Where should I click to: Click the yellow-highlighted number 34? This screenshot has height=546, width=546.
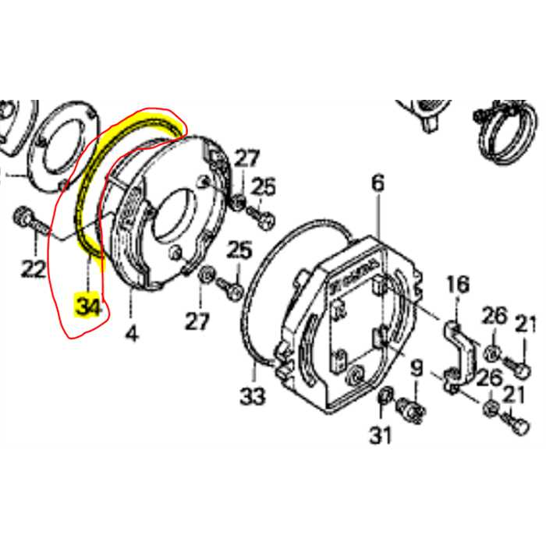(x=88, y=305)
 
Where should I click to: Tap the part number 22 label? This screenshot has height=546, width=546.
(x=33, y=269)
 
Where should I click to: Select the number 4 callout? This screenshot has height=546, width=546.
(x=131, y=334)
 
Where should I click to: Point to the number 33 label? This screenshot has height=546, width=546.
(x=253, y=396)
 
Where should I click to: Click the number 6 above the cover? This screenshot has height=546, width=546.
(x=378, y=184)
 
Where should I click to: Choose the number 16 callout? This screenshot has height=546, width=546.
(x=457, y=285)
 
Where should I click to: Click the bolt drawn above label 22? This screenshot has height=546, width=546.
(x=27, y=219)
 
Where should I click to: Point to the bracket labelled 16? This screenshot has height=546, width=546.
(x=453, y=351)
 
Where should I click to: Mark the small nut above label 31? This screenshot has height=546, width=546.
(x=382, y=400)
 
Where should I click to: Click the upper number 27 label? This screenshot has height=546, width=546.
(x=246, y=159)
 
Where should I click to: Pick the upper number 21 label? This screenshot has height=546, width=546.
(x=526, y=326)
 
